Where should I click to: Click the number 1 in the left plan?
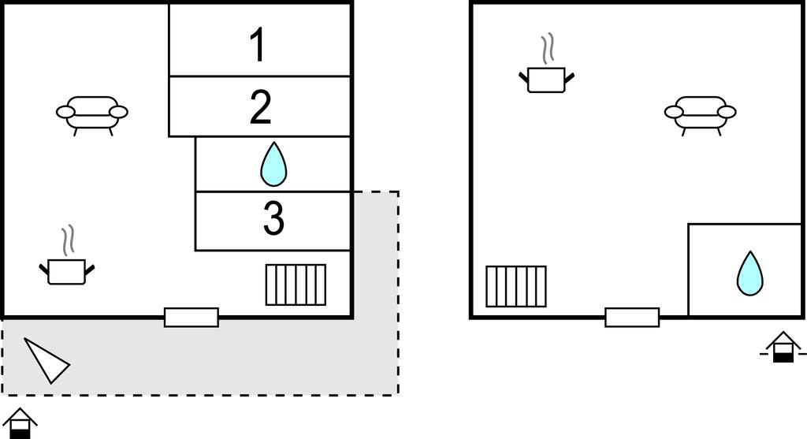(x=258, y=45)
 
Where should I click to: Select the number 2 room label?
(x=261, y=107)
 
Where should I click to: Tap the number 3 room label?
(x=273, y=220)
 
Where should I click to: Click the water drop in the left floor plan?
(x=273, y=164)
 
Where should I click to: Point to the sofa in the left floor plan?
(x=92, y=113)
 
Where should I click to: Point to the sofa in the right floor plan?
(x=701, y=113)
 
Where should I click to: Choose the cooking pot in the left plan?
(x=66, y=271)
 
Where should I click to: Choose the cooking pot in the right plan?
(x=546, y=79)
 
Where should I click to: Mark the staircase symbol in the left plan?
(x=296, y=285)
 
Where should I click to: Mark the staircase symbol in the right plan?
(x=516, y=286)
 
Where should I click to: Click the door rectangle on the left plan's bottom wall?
(x=192, y=317)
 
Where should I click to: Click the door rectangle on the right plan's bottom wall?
(x=632, y=317)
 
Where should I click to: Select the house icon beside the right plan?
(x=783, y=348)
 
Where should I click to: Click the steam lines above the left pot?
(x=69, y=239)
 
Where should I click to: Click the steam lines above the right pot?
(x=549, y=48)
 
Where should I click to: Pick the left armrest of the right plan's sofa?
(x=674, y=112)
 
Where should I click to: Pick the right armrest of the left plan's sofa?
(x=118, y=112)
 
